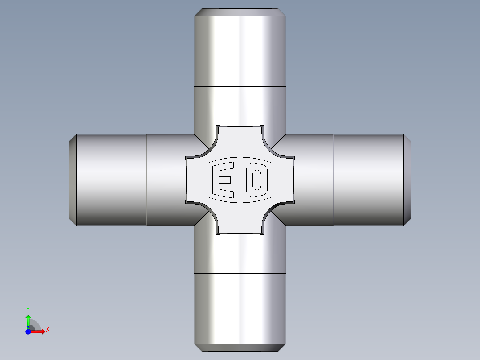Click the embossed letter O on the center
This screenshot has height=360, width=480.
coord(256,180)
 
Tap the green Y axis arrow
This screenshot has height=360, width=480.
coord(28,319)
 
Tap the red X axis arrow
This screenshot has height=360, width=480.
coord(39,331)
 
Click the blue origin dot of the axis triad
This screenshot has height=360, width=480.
coord(28,332)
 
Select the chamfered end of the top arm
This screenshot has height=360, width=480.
coord(240,12)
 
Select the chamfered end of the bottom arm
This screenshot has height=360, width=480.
coord(240,348)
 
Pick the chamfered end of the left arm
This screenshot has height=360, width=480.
coord(72,180)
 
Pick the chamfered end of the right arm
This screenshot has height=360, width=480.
coord(407,180)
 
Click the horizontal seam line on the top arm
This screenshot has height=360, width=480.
coord(240,86)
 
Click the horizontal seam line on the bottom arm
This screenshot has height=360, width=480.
coord(240,273)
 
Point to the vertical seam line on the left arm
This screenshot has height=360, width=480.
coord(146,180)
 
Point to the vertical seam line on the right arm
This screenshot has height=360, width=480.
coord(333,180)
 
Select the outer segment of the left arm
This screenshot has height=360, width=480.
coord(111,180)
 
